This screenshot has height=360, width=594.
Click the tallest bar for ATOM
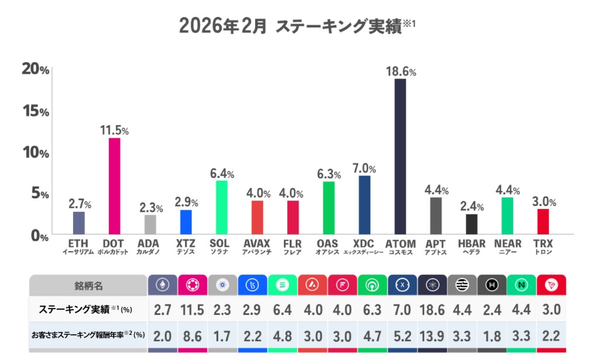pyautogui.click(x=400, y=156)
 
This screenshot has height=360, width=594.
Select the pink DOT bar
pyautogui.click(x=115, y=186)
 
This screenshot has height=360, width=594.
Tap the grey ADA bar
pyautogui.click(x=150, y=224)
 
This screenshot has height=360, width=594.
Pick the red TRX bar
pyautogui.click(x=543, y=221)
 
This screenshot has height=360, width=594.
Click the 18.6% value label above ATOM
pyautogui.click(x=401, y=71)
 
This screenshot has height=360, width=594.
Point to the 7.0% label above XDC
pyautogui.click(x=364, y=169)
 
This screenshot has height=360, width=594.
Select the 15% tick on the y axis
pyautogui.click(x=35, y=111)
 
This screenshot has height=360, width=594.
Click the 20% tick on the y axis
pyautogui.click(x=35, y=69)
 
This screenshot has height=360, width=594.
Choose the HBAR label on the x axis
pyautogui.click(x=472, y=244)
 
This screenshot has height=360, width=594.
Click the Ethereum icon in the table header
pyautogui.click(x=162, y=286)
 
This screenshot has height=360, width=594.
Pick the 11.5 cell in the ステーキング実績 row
pyautogui.click(x=192, y=310)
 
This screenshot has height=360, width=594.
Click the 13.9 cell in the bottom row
pyautogui.click(x=432, y=337)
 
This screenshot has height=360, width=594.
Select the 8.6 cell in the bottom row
pyautogui.click(x=192, y=337)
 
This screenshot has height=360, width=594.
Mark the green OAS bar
pyautogui.click(x=329, y=208)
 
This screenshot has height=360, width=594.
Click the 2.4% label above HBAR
pyautogui.click(x=472, y=207)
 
